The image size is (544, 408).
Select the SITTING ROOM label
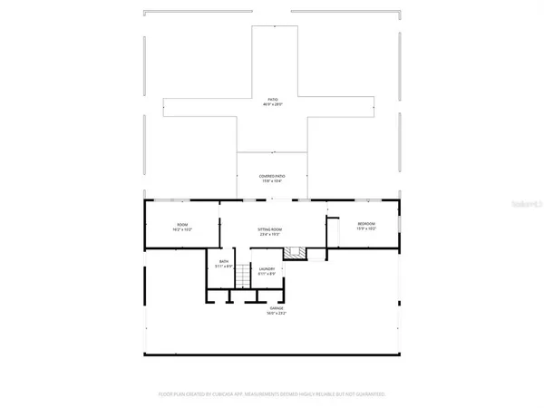[270, 230]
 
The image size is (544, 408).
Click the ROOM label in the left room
[182, 225]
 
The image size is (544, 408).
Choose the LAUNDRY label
[267, 268]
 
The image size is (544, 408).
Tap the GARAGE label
[275, 308]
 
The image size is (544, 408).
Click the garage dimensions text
[275, 314]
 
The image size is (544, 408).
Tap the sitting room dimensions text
[270, 236]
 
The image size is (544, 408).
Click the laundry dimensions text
[267, 274]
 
